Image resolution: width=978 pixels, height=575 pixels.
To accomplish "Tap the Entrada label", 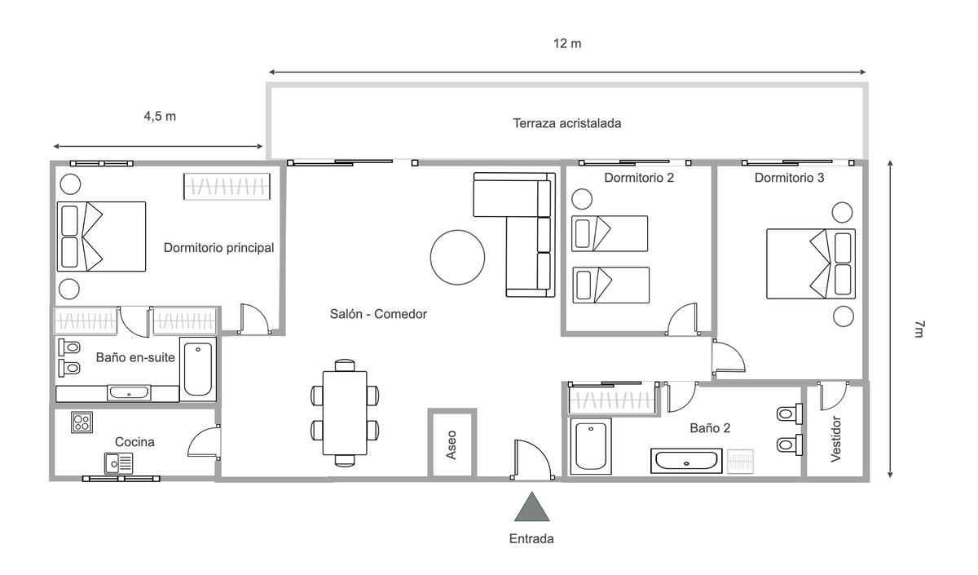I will pos(531,538).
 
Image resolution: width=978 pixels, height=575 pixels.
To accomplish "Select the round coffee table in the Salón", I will pos(458,256).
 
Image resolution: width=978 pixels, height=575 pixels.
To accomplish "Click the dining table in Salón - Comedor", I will pos(345,413).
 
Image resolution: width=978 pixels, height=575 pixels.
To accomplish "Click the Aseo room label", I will pos(452,444).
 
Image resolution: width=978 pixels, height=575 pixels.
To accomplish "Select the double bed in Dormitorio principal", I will pos(101,237).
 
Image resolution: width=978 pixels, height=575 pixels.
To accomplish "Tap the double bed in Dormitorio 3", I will pos(811,263).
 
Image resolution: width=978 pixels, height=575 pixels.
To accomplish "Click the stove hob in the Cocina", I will pos(81,422).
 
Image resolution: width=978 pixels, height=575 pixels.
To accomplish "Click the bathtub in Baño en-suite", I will pos(198,369).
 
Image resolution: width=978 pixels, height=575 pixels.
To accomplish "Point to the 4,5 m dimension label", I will pos(160,116).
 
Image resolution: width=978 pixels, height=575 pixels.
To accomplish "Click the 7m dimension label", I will pos(919,330).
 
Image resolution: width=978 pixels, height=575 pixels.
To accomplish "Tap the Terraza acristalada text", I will pos(567,124).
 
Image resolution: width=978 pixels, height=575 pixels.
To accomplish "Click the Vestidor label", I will pos(835,440).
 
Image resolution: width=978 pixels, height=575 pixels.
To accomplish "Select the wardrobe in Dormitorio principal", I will pos(227,187).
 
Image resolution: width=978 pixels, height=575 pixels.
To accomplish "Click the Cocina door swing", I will pos(204,443).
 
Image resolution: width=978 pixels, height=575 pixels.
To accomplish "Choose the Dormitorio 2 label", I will pos(639,177).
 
